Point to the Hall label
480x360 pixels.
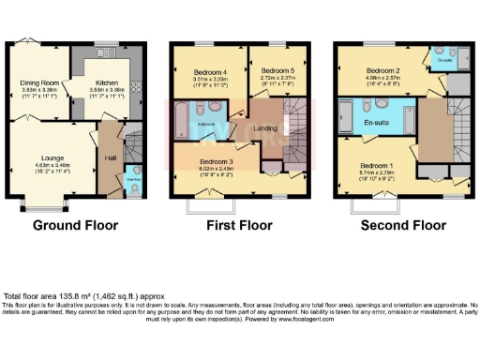click(x=110, y=158)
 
